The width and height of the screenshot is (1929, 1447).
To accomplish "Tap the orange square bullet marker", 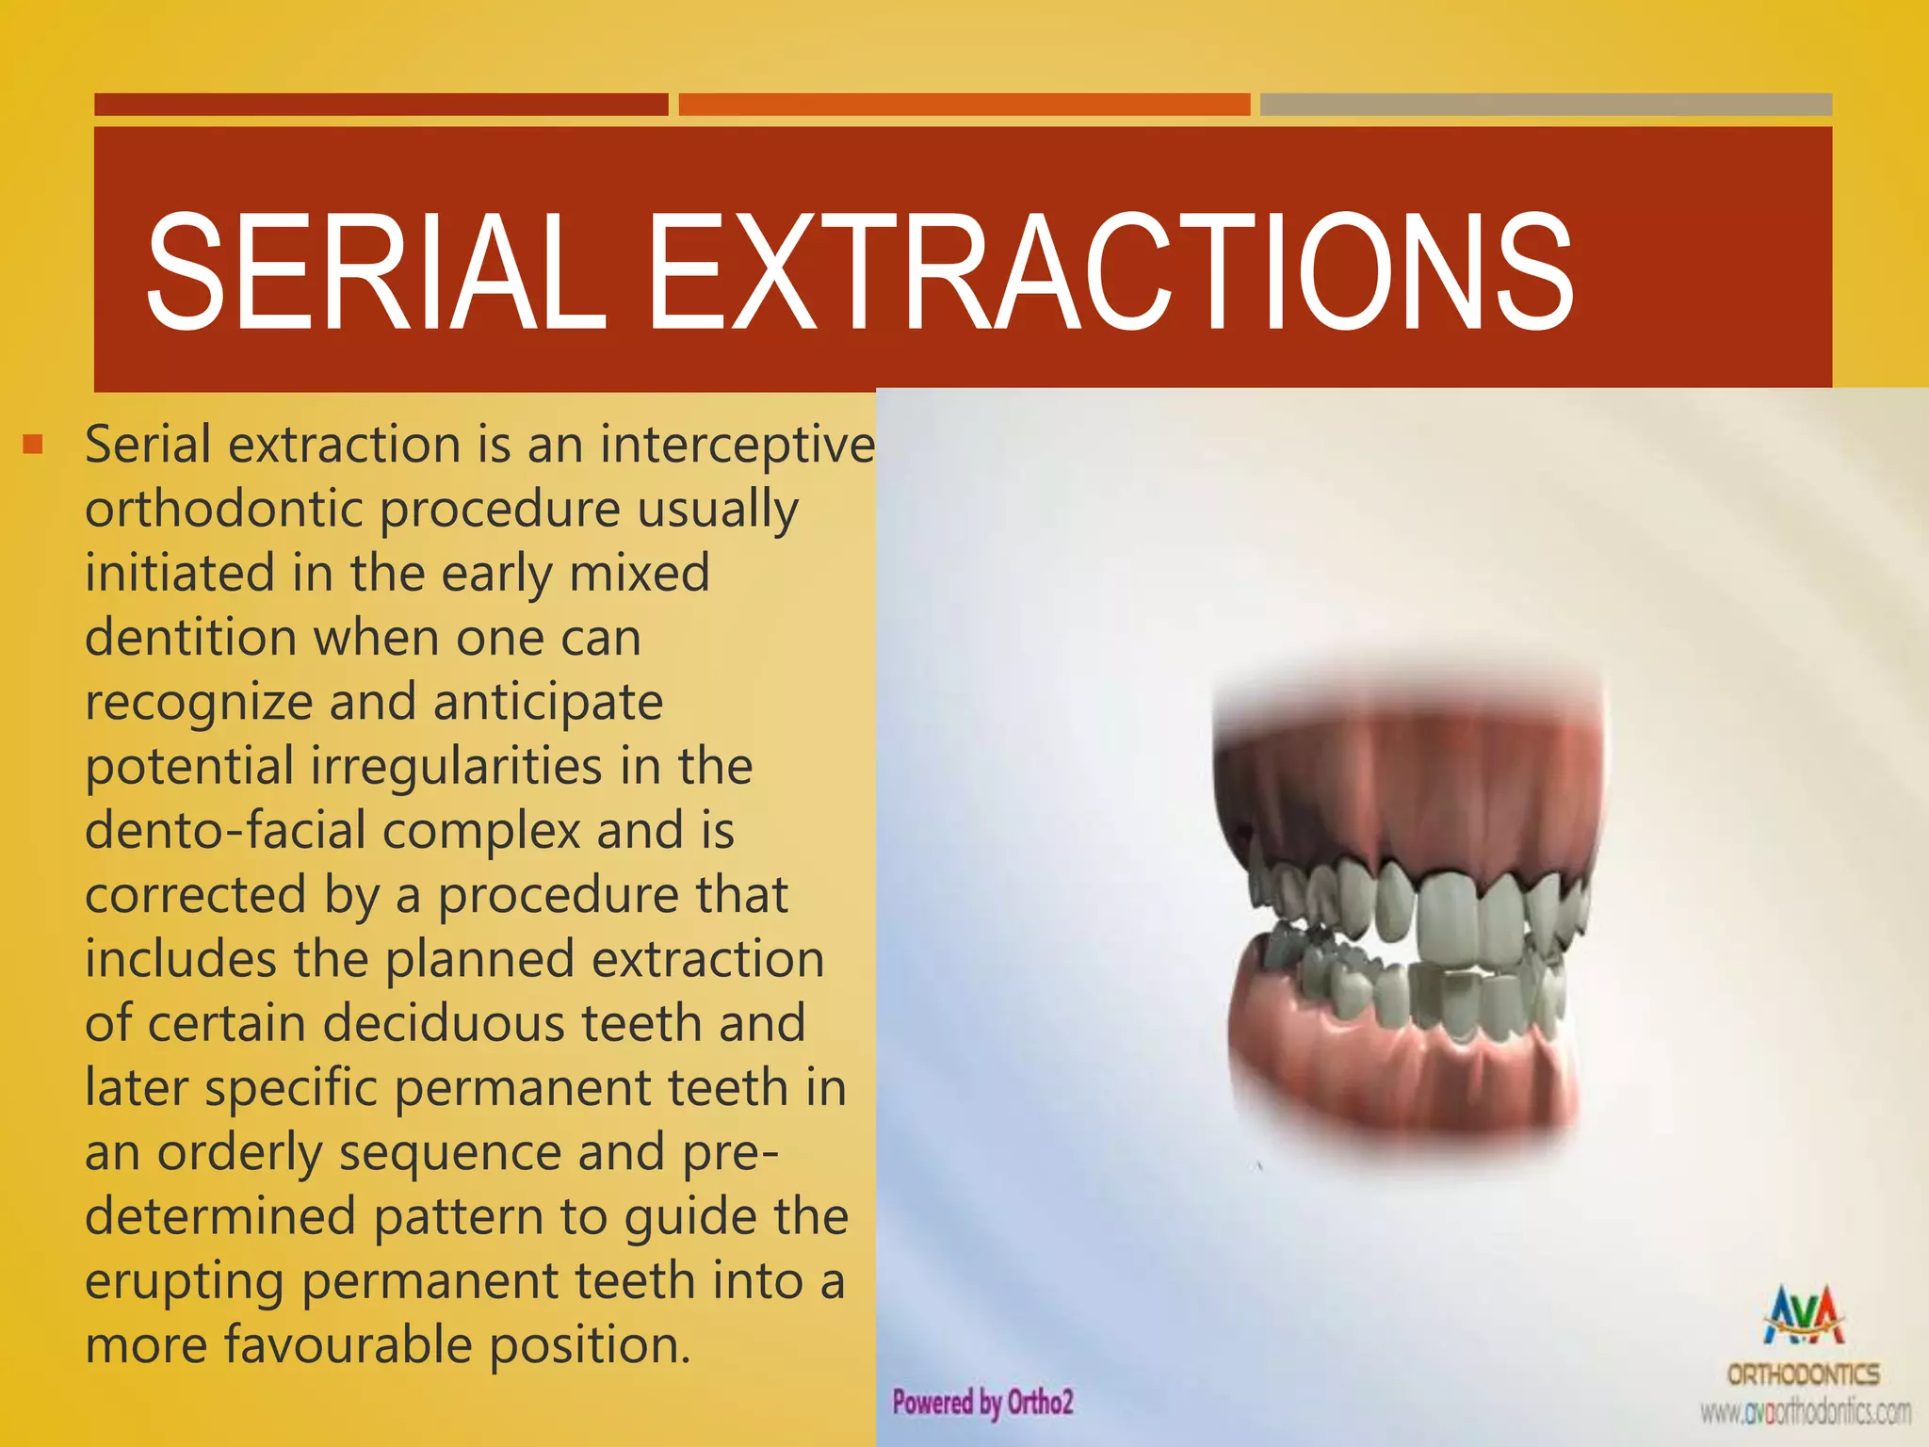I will click(34, 444).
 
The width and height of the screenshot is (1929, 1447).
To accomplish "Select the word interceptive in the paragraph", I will click(737, 445).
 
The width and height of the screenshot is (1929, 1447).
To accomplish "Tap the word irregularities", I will click(456, 766).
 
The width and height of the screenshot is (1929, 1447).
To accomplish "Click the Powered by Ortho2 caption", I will click(982, 1402).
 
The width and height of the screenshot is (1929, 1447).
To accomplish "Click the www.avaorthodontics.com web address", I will click(1805, 1413).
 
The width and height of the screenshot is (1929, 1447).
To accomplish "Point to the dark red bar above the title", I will click(381, 105).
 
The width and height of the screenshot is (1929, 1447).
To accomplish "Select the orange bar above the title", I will click(964, 105).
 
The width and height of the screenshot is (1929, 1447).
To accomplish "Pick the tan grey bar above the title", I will click(1546, 105).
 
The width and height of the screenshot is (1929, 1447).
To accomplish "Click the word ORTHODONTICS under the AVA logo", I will click(1803, 1374).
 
